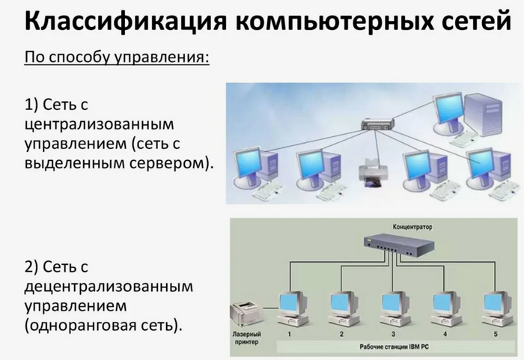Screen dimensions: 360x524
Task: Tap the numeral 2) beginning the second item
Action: click(31, 267)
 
